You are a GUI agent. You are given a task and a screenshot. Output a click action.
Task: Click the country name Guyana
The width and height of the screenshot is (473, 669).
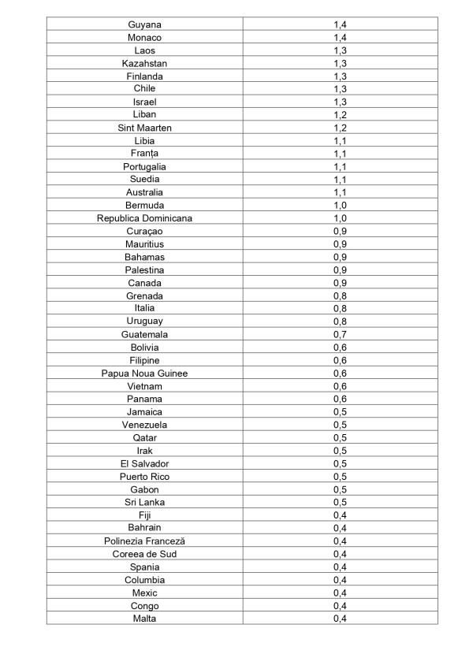coord(144,24)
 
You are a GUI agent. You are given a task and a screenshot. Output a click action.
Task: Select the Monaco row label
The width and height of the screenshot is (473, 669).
coord(144,37)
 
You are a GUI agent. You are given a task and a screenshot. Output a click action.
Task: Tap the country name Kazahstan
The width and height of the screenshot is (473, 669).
coord(144,63)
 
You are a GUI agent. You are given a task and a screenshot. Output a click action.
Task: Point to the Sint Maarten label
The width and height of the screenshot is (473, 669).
coord(144,128)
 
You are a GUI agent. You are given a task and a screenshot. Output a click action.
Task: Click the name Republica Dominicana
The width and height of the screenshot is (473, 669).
coord(144,218)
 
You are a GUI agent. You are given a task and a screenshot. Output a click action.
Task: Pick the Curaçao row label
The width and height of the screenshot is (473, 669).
coord(144,231)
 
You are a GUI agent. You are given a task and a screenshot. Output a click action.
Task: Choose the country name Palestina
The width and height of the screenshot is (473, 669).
coord(144,269)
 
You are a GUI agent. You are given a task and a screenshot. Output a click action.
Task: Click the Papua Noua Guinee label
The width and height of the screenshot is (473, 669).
coord(144,373)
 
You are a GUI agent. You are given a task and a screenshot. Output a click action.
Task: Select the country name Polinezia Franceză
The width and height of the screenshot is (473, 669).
coord(144,541)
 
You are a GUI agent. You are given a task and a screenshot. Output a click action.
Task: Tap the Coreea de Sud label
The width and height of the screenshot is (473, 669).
coord(144,554)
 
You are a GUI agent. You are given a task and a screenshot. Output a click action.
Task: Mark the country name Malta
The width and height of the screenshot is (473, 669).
coord(144,619)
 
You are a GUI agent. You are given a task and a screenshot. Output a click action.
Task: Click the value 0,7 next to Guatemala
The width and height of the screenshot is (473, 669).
coord(341,334)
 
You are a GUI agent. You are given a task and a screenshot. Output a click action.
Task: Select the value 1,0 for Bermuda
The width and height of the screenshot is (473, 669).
coord(341,205)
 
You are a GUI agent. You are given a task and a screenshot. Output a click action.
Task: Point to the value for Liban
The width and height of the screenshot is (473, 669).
coord(341,114)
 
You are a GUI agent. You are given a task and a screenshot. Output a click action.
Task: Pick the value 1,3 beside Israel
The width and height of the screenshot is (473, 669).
coord(341,102)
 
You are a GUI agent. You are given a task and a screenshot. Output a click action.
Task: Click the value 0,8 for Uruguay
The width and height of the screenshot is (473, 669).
coord(341,321)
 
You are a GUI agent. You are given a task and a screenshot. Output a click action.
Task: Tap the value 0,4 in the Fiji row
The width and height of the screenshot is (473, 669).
coord(341,515)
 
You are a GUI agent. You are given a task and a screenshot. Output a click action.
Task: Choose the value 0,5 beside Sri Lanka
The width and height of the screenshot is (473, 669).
coord(341,502)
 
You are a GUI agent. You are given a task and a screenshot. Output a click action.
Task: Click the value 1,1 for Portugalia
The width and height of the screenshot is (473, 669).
coord(341,166)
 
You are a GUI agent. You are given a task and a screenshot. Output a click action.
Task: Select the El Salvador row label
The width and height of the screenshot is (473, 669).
coord(144,463)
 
